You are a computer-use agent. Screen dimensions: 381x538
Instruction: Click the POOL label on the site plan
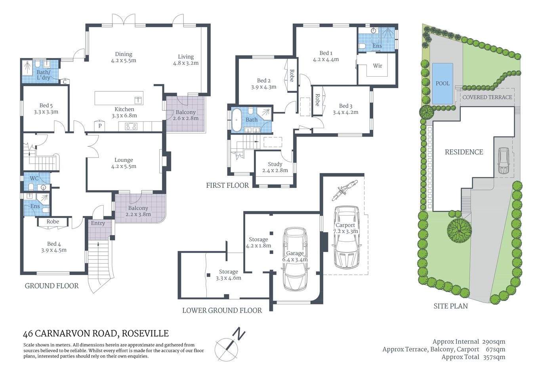click(443, 83)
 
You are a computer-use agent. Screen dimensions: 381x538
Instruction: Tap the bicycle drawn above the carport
click(344, 190)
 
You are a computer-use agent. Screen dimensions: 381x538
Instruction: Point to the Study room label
click(275, 164)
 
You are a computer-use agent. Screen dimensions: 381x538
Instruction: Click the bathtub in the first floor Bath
click(237, 119)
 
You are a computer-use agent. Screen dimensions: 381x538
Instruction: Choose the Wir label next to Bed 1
click(378, 66)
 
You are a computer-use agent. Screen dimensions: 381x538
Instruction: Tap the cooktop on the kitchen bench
click(131, 127)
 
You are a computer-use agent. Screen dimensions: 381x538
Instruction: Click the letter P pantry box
click(100, 126)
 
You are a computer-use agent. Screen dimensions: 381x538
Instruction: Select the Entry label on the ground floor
click(98, 223)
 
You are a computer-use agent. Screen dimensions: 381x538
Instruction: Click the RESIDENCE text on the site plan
click(464, 152)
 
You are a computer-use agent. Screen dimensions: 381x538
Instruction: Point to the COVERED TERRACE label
click(487, 97)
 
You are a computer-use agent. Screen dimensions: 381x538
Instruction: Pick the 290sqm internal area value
click(493, 342)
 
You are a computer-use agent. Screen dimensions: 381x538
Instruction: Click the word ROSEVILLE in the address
click(145, 334)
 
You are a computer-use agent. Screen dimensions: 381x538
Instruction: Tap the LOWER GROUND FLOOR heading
click(222, 310)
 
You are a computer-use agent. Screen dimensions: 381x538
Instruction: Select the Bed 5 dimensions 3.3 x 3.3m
click(46, 112)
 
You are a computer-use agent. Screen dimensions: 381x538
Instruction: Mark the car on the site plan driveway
click(503, 161)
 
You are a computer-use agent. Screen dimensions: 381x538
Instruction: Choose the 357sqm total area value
click(494, 357)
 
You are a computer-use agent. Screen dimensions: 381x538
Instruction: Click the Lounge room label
click(124, 160)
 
